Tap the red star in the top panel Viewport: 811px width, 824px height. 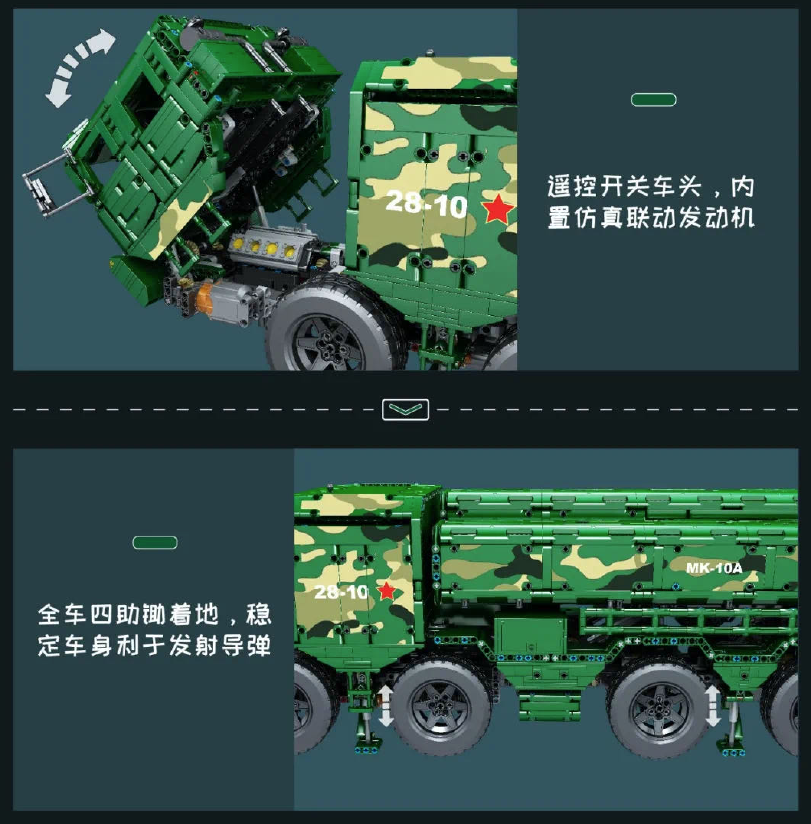[x=497, y=209]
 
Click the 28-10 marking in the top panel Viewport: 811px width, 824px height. [x=426, y=204]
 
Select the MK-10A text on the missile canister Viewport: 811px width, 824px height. [x=714, y=568]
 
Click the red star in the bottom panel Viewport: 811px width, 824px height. [x=387, y=591]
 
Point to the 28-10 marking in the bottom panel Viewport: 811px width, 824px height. [x=341, y=592]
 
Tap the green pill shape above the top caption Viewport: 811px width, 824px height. [x=653, y=100]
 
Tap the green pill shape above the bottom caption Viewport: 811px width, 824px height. [x=155, y=543]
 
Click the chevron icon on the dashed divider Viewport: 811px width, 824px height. [x=405, y=410]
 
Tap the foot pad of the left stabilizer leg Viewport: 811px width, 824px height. [x=366, y=749]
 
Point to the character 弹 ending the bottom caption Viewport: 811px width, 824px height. [x=258, y=645]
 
